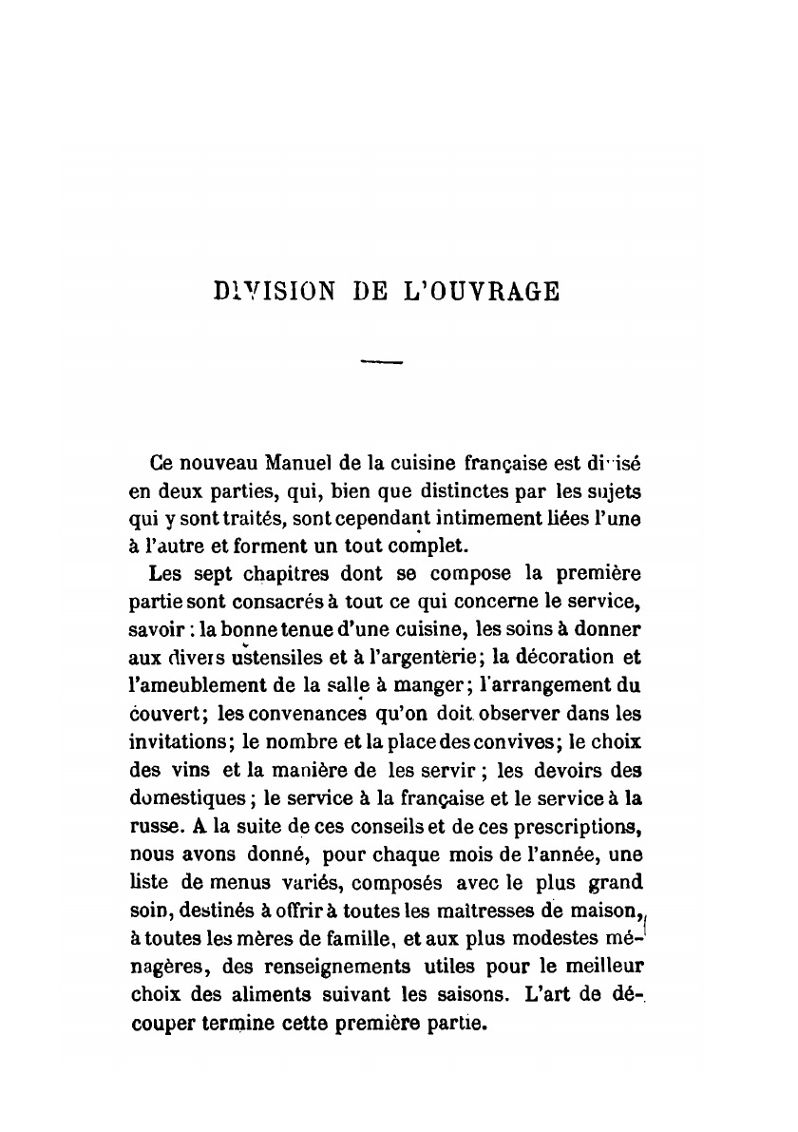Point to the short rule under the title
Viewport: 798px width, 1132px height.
[x=383, y=361]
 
